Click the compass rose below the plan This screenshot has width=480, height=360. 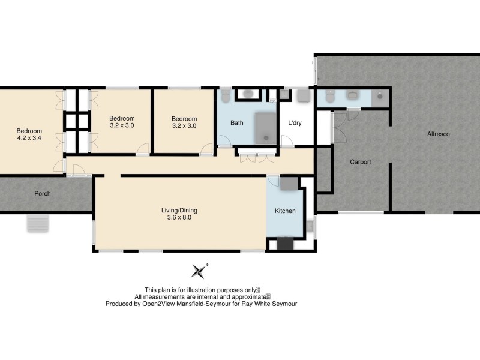coord(199,271)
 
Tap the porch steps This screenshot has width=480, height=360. coord(36,224)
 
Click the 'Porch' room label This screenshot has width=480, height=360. coord(43,194)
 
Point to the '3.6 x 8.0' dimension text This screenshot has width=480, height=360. coord(179,218)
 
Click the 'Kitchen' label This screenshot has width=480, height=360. coord(285,211)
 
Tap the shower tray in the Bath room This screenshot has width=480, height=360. coord(265,128)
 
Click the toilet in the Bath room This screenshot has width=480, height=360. coord(225,96)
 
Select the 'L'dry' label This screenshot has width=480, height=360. coord(295,123)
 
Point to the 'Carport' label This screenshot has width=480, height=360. coord(361,162)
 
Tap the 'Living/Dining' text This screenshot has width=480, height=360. coord(179,210)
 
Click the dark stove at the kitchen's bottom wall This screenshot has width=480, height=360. coord(284,244)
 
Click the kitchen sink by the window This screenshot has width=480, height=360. coord(310,226)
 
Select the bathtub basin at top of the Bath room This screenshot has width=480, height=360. coord(247,94)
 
